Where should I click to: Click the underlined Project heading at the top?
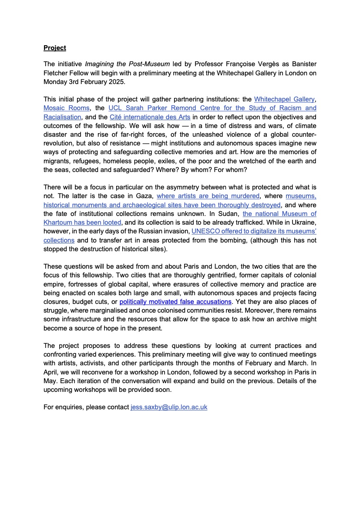(54, 47)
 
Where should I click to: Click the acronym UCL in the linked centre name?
(115, 108)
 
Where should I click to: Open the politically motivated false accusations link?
(175, 301)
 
